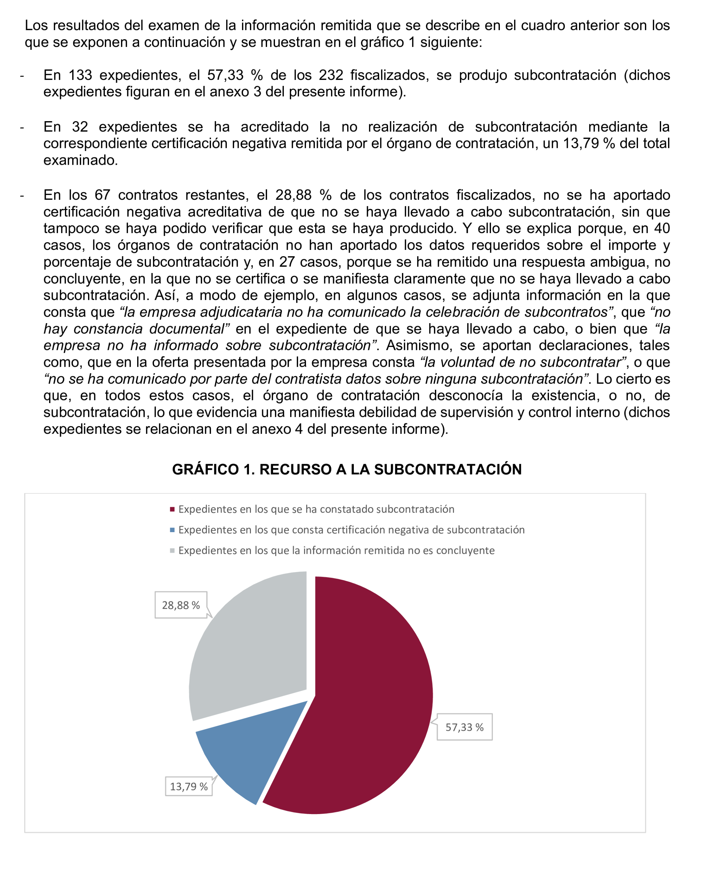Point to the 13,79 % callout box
189,786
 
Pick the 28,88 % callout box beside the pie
181,605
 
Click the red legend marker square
172,509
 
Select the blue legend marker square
172,530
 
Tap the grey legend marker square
172,551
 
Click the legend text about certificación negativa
351,530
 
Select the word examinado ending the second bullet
80,160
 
